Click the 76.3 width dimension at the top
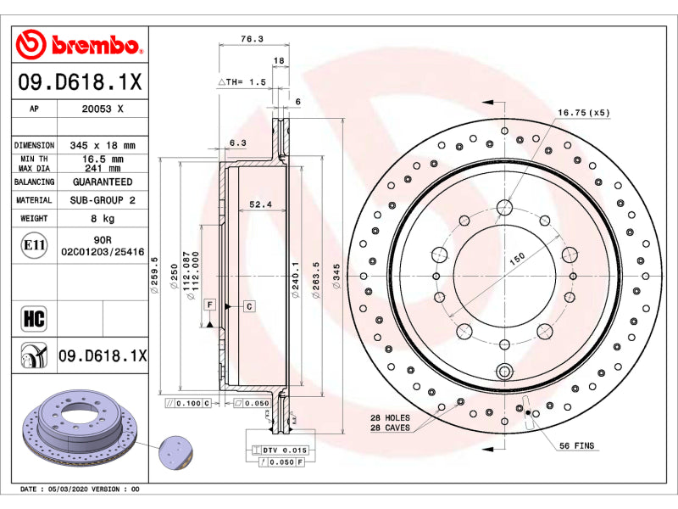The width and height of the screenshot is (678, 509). click(x=252, y=39)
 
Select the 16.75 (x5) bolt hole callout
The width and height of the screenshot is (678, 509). click(x=584, y=113)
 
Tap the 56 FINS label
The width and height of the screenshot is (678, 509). click(x=577, y=445)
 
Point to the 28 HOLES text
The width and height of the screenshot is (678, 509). click(x=390, y=417)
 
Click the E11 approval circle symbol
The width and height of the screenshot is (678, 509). click(x=34, y=245)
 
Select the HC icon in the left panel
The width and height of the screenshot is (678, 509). click(x=34, y=319)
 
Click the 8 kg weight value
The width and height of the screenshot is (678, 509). click(x=103, y=219)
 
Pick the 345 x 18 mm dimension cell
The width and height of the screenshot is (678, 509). click(x=103, y=145)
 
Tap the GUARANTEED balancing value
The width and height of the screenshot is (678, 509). click(x=103, y=182)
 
